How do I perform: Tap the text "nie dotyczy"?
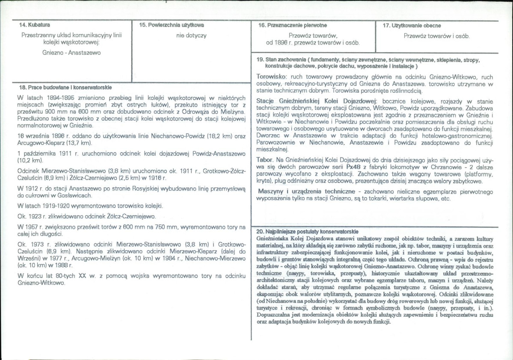coord(191,35)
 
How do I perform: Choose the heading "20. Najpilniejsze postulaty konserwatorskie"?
coord(307,231)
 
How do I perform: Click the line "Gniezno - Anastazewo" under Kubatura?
coord(71,53)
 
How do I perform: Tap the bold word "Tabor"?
coord(265,159)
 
